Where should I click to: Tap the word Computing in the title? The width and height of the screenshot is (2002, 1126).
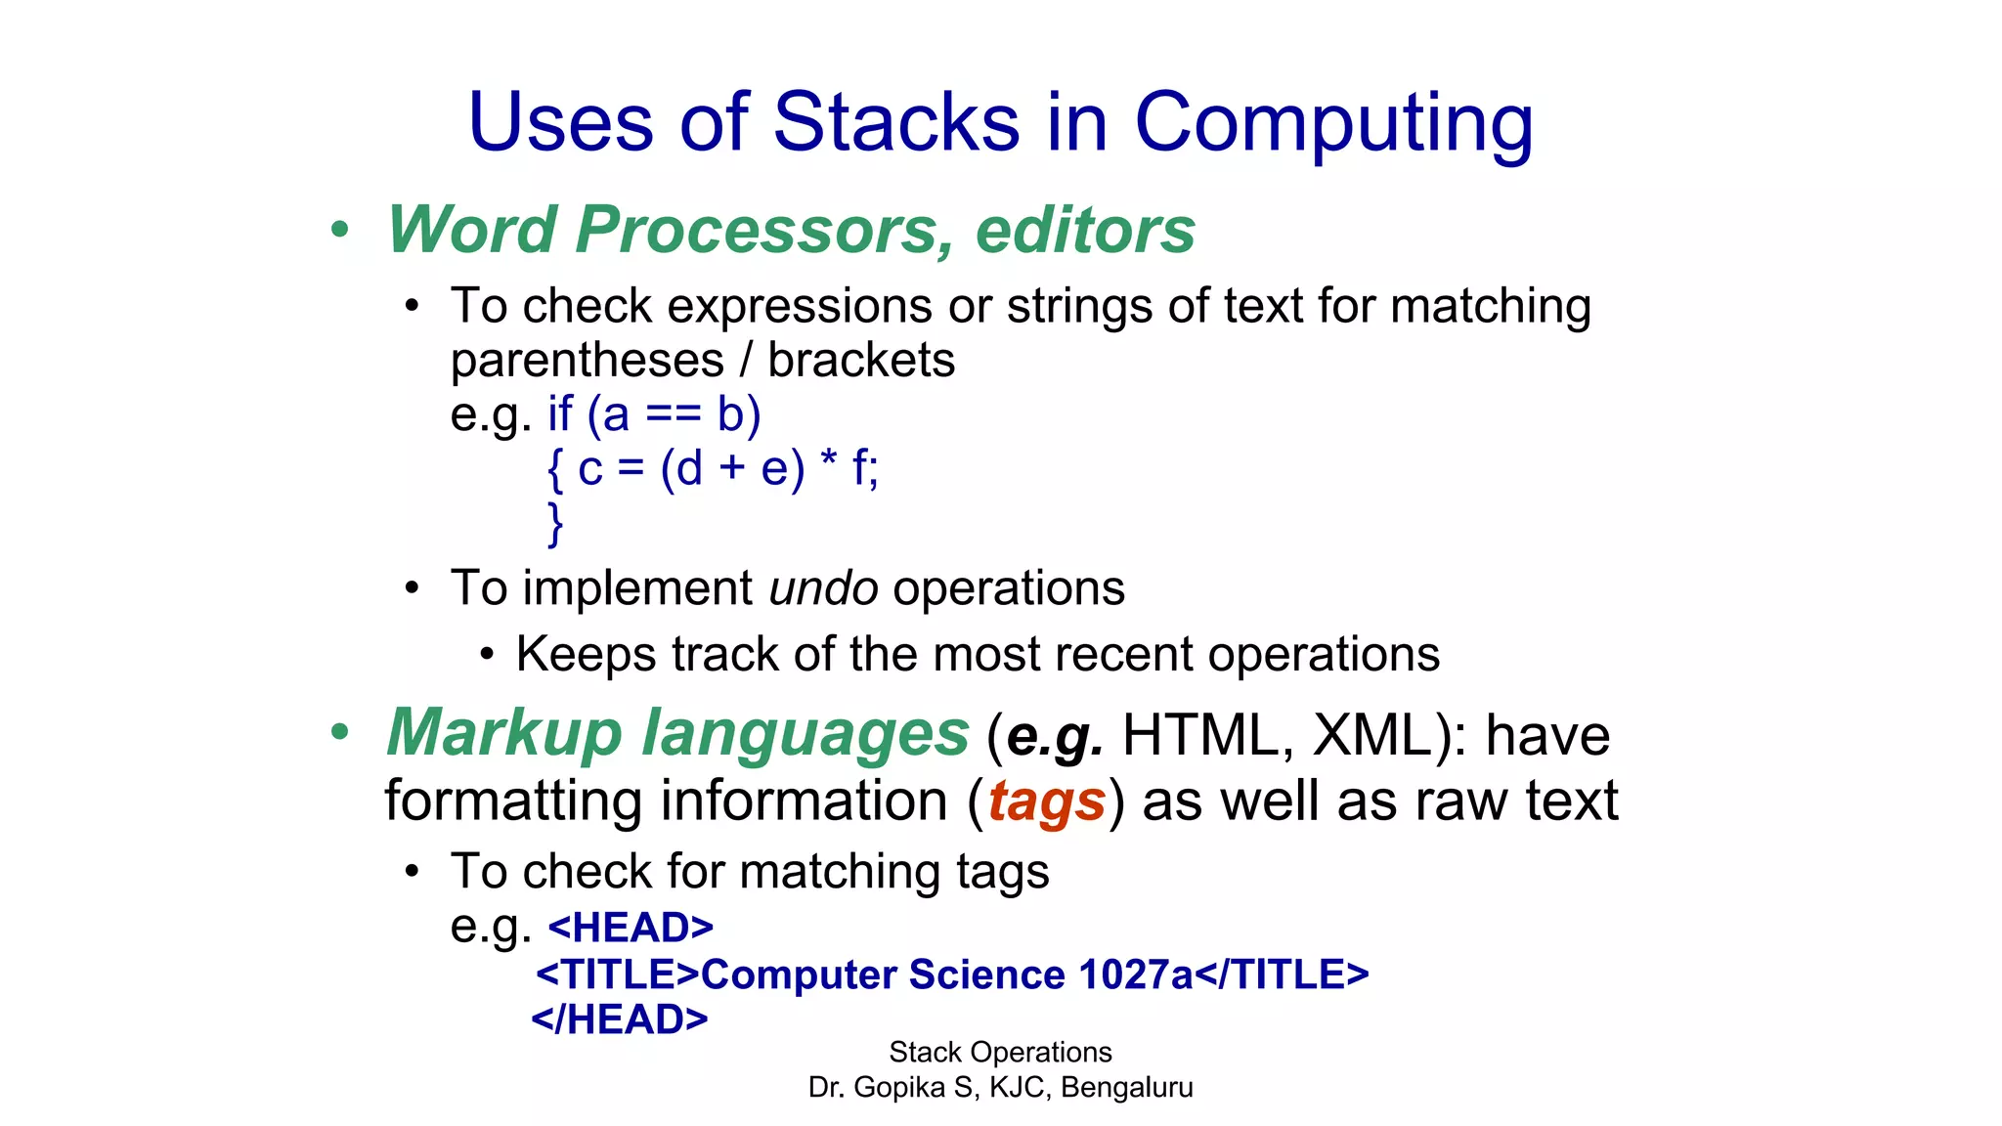click(1333, 124)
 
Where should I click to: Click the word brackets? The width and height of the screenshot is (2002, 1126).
click(861, 360)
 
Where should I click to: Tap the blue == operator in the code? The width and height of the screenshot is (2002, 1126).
click(674, 414)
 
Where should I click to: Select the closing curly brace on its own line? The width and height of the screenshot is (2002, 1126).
click(555, 524)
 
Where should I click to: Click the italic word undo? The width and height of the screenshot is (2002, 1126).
click(823, 588)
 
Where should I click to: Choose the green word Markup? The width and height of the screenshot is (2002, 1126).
click(504, 733)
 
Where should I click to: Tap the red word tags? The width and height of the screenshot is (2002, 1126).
click(1046, 801)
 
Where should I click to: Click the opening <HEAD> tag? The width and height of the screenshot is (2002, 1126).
click(631, 927)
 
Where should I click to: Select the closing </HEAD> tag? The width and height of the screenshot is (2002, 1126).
click(619, 1019)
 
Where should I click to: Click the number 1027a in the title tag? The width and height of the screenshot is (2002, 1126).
click(1136, 974)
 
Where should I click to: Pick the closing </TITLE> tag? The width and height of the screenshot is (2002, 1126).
click(1283, 974)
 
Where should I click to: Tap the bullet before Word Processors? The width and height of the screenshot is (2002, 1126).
click(339, 231)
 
